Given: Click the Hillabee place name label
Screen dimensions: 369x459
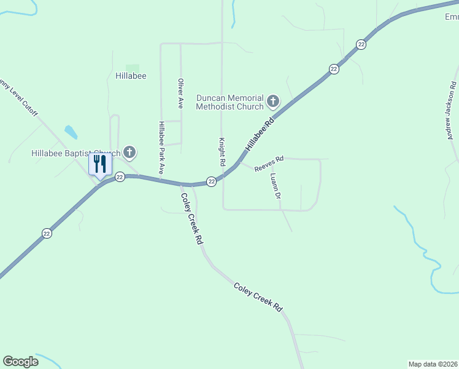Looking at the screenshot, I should (x=131, y=76).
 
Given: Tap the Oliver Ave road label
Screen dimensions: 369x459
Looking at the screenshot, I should (x=180, y=93).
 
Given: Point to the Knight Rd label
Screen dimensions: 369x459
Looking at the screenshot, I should (x=222, y=151).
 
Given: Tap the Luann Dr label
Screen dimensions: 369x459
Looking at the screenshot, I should (x=276, y=186).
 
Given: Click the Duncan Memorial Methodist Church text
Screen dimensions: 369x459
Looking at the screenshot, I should (x=230, y=102).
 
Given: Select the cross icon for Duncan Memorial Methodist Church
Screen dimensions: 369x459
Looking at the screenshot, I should (x=272, y=100).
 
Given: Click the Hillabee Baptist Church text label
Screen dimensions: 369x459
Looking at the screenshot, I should (x=75, y=153).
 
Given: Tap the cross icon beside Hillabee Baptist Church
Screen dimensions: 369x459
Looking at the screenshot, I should (x=129, y=151).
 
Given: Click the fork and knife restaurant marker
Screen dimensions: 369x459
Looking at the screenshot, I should (x=100, y=164).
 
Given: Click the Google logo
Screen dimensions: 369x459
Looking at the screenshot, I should (x=20, y=362).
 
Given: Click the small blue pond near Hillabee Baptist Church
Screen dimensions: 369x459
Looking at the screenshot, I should (x=71, y=132).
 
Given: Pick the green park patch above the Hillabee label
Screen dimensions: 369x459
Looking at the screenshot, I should (x=133, y=68).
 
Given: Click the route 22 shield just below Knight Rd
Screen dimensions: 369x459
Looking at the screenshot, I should (x=211, y=181).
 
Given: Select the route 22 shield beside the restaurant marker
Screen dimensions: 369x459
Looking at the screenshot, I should (x=120, y=177).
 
